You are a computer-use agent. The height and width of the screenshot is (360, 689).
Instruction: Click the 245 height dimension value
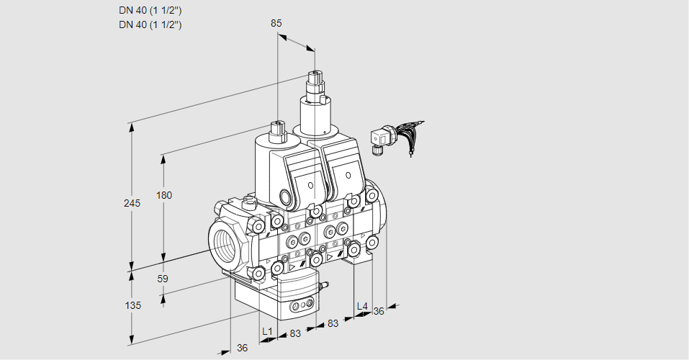tap(132, 203)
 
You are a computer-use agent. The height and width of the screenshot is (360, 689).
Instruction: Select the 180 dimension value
tap(165, 195)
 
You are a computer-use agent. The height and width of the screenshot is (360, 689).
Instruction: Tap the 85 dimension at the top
tap(276, 23)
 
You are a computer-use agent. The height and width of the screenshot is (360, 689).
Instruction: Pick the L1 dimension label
tap(267, 331)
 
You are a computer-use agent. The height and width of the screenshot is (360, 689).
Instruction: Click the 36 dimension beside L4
tap(379, 311)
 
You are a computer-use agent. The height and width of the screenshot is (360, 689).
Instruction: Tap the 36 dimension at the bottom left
tap(242, 348)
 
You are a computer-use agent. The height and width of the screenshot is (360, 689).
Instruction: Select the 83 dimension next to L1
tap(294, 333)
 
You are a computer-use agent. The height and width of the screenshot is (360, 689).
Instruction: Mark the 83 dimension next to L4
tap(333, 323)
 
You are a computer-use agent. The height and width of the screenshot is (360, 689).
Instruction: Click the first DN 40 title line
tap(150, 10)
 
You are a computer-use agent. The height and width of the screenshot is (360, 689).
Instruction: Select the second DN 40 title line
tap(150, 24)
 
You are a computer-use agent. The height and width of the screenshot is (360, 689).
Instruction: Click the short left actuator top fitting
tap(277, 132)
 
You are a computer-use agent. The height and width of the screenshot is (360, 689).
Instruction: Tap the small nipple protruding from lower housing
tap(324, 286)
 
